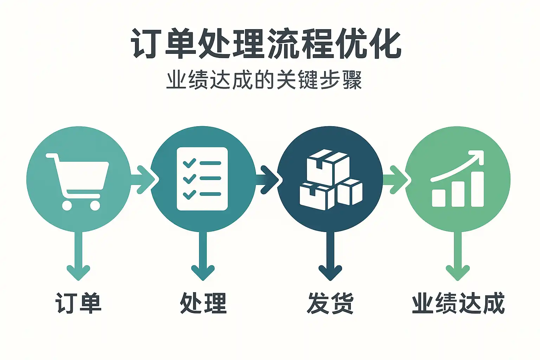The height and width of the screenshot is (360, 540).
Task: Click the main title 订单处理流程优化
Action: [x=266, y=44]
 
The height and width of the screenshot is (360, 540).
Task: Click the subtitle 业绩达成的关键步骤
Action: [x=264, y=80]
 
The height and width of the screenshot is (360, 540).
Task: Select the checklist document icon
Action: [x=202, y=179]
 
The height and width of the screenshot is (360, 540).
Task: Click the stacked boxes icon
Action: [x=330, y=180]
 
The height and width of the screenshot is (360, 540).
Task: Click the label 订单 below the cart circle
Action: [x=78, y=303]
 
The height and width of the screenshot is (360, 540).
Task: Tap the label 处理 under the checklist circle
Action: [x=203, y=303]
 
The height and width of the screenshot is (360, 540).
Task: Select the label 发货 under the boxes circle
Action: [x=330, y=303]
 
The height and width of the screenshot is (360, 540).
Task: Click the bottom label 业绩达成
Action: [x=458, y=303]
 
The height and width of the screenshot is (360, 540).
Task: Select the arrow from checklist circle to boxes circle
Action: [x=269, y=179]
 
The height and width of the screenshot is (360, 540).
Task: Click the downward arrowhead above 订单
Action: [x=78, y=272]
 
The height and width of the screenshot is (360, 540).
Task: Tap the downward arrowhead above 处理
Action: [x=203, y=272]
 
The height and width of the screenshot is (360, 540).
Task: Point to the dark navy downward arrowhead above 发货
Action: [x=330, y=272]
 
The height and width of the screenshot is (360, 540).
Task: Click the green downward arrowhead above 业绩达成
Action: [x=458, y=272]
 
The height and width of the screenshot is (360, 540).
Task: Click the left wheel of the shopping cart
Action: [x=67, y=205]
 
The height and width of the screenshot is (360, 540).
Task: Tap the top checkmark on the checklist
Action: [x=189, y=163]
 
